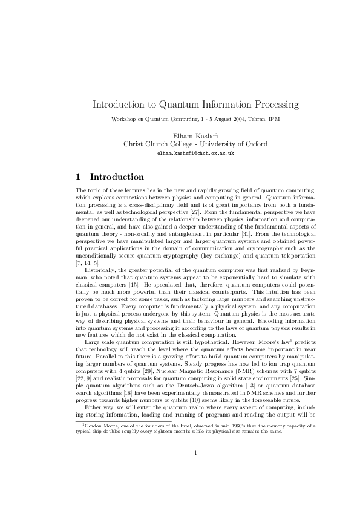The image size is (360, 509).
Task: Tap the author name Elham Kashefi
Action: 179,136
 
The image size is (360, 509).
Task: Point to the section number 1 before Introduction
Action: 77,177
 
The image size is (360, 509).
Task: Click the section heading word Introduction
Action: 117,177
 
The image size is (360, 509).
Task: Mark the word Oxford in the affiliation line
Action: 255,144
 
